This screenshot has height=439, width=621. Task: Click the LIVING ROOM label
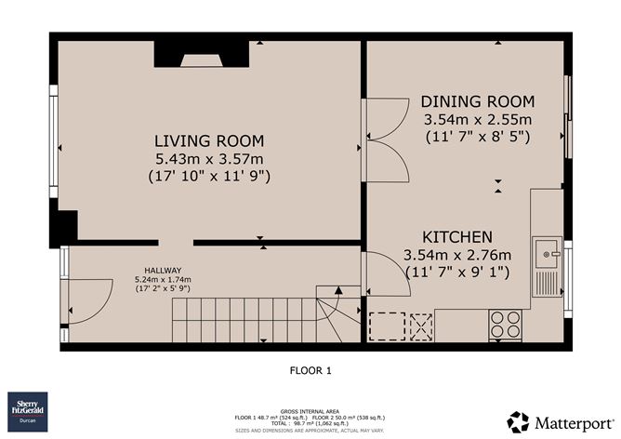(x=209, y=140)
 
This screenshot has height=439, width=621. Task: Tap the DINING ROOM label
(x=478, y=101)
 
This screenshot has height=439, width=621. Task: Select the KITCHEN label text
(x=457, y=237)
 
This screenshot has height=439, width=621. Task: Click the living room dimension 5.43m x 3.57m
(x=209, y=157)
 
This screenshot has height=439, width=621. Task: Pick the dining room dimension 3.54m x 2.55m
(x=478, y=119)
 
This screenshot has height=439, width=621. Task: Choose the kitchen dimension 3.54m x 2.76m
(x=457, y=255)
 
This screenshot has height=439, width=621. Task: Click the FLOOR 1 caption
(x=310, y=370)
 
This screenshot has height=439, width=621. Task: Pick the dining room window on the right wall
(x=568, y=116)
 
